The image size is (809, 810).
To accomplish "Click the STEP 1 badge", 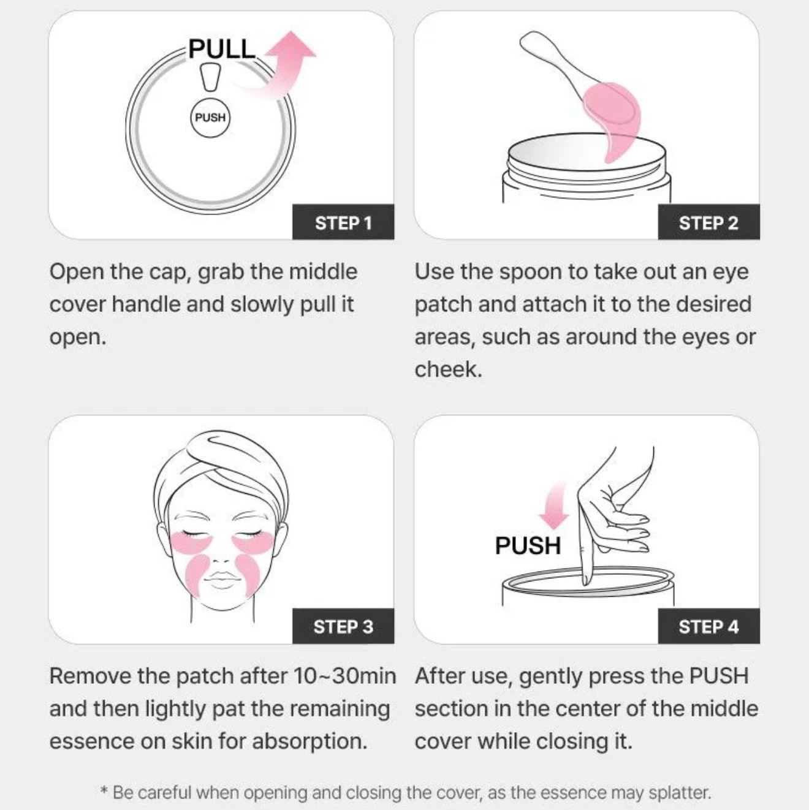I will [x=343, y=222].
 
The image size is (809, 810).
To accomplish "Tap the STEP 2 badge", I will [x=708, y=222].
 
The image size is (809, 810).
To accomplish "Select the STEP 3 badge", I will [x=343, y=626].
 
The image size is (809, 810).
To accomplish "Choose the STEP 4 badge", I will [x=708, y=626].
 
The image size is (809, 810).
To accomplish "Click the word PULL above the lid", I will [x=221, y=48].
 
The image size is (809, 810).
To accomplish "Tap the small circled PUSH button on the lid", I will [x=210, y=117].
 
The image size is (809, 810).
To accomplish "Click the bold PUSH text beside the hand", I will [x=528, y=545].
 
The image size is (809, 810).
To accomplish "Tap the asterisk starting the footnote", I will [x=104, y=792].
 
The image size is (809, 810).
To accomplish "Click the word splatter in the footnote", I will [x=680, y=792].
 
